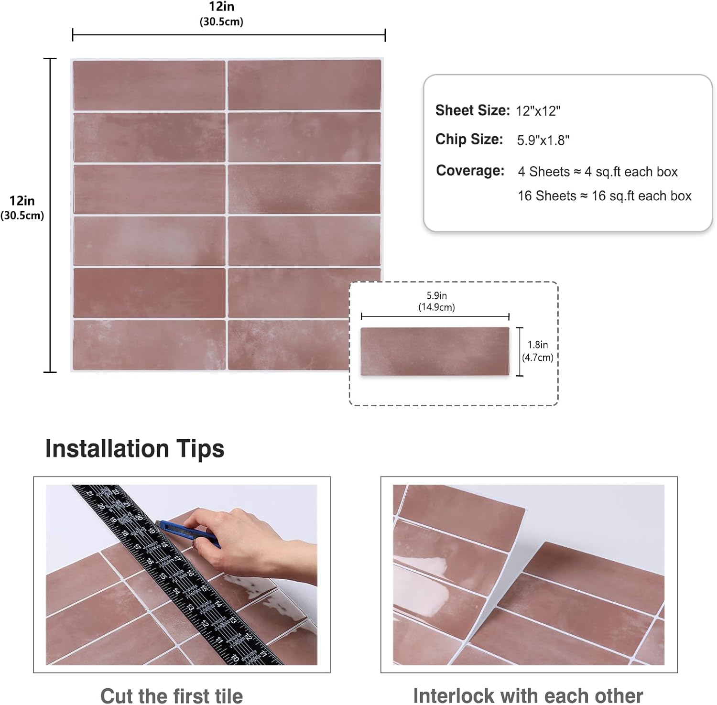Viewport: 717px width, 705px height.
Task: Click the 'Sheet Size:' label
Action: point(472,110)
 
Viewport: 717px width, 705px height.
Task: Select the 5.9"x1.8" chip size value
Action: point(543,140)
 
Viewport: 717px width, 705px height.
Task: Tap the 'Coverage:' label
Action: point(470,171)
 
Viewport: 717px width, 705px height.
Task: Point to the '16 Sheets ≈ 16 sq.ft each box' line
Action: point(604,196)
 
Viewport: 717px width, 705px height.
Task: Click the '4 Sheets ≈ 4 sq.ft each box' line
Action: point(597,172)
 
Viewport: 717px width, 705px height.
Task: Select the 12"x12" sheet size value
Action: point(538,111)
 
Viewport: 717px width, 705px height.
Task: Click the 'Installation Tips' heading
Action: point(134,449)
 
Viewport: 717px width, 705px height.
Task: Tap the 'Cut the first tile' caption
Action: point(171,695)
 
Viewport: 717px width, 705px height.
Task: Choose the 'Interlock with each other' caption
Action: point(528,695)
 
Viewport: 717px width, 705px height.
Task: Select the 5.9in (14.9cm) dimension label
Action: point(436,302)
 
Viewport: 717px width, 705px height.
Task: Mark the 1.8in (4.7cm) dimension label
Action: point(538,351)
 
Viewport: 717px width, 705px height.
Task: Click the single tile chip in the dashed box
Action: point(435,351)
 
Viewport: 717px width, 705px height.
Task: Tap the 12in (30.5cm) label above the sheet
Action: point(221,13)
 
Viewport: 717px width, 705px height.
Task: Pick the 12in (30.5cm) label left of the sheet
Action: point(22,207)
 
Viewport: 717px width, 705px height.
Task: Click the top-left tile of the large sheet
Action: point(149,85)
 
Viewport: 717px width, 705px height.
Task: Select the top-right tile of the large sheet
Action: point(304,85)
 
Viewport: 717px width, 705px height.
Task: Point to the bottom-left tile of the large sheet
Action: point(149,345)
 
